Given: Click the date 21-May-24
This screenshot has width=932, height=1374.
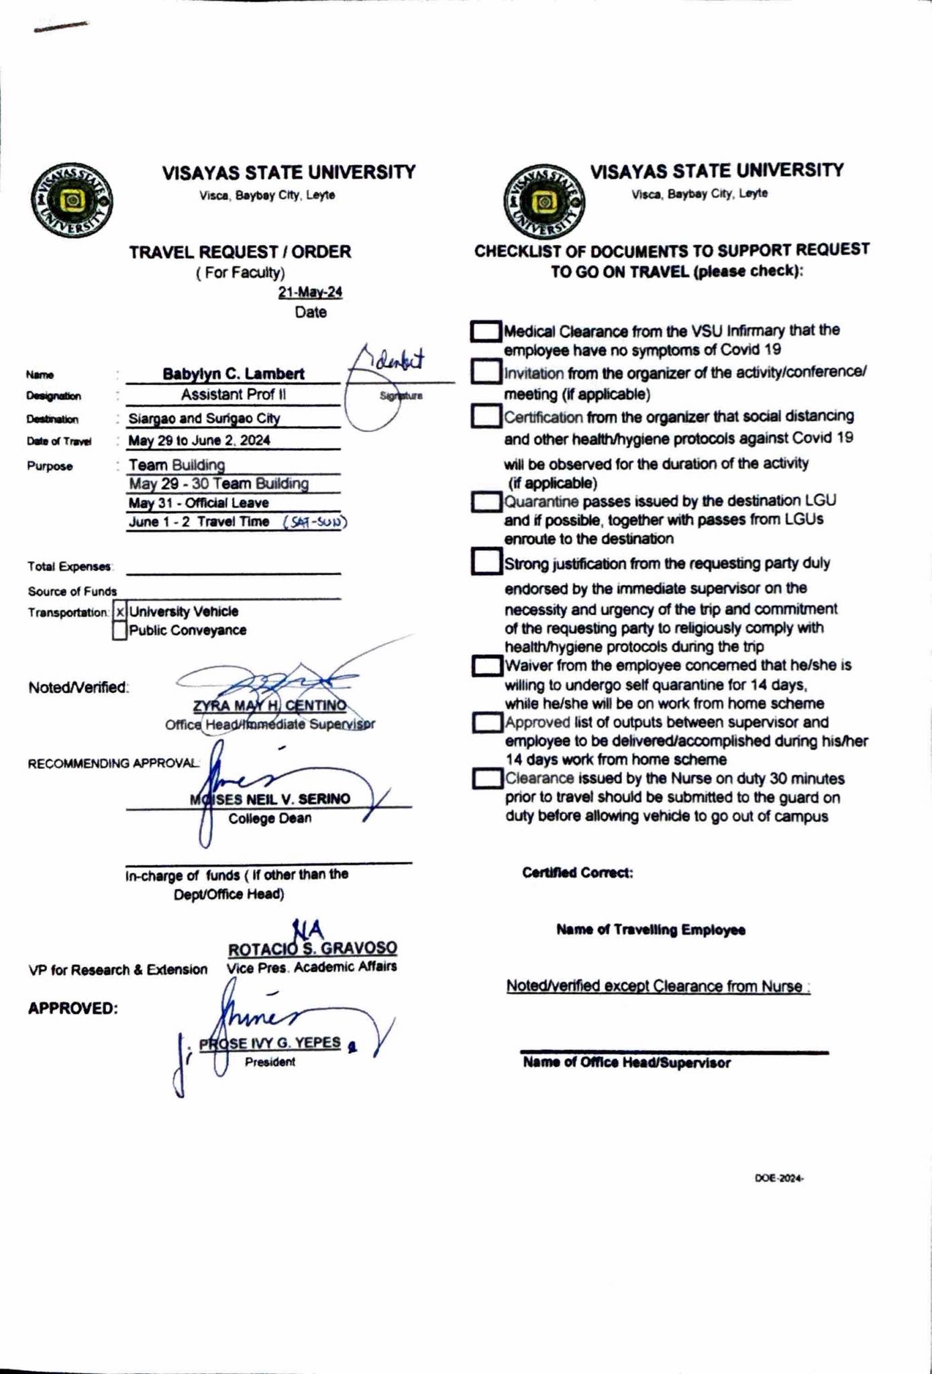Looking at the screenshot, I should (310, 293).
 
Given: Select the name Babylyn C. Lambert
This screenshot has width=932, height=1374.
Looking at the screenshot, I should (233, 374).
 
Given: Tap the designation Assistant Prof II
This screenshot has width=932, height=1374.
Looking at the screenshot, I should (233, 394).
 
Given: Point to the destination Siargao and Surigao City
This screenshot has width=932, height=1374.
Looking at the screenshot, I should (204, 419).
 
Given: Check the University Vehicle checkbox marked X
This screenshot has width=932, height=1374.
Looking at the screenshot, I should (120, 612).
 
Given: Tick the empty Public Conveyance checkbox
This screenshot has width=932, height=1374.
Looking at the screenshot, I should (120, 631).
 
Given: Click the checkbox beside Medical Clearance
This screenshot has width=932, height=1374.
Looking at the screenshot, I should (486, 331).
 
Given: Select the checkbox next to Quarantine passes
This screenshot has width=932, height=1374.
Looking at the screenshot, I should (486, 502).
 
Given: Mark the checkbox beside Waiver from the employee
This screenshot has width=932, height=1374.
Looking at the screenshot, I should (486, 666).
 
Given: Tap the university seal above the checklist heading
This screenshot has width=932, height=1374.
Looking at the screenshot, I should (544, 201).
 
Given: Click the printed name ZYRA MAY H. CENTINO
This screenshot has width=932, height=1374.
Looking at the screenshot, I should (270, 706).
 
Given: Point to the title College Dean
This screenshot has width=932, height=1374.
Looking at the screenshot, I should (270, 818).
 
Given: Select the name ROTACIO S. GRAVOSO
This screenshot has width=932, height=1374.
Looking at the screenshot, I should (312, 949).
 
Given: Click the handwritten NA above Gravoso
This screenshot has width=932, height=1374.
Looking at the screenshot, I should (309, 929).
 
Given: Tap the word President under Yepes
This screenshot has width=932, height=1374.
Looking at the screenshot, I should (270, 1062).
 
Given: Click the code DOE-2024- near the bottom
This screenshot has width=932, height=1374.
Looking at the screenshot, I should (779, 1178).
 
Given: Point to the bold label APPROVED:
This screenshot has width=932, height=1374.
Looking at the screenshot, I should (72, 1009).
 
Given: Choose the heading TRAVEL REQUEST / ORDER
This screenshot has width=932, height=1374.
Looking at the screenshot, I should (240, 252).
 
